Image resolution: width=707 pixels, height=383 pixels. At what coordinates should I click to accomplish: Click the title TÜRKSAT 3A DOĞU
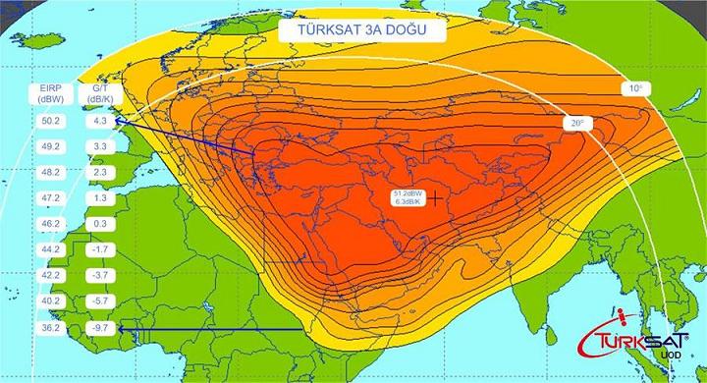[360, 30]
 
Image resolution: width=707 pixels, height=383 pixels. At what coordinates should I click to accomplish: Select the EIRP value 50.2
[51, 121]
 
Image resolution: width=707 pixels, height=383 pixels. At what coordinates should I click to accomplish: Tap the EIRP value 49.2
[51, 146]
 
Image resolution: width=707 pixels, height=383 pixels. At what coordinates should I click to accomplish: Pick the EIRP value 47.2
[51, 197]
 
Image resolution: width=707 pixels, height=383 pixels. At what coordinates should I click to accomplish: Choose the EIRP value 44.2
[51, 249]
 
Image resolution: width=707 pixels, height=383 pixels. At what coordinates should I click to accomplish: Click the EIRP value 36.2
[51, 326]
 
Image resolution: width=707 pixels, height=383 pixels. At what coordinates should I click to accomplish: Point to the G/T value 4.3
[98, 121]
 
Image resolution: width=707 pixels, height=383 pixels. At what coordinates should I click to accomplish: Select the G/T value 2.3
[98, 172]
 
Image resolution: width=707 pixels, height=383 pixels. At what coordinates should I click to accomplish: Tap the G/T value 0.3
[98, 224]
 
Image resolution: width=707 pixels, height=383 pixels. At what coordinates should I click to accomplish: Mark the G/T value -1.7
[98, 249]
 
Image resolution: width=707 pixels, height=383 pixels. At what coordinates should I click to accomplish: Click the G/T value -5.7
[98, 301]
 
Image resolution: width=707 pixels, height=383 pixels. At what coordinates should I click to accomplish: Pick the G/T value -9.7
[98, 326]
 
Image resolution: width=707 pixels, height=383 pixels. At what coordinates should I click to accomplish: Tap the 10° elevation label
[636, 88]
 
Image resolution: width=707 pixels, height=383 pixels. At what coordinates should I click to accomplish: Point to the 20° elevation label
[573, 124]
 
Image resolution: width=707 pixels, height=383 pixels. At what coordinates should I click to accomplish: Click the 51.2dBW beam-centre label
[408, 197]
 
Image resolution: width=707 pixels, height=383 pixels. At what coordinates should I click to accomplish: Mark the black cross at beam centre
[432, 197]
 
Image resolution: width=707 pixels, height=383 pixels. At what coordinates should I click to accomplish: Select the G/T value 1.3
[98, 197]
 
